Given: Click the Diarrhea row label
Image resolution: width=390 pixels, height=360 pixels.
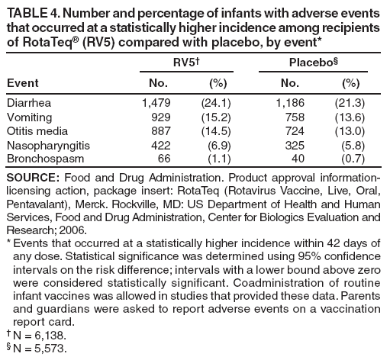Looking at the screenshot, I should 28,102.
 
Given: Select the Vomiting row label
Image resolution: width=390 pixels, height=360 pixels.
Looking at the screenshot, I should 28,116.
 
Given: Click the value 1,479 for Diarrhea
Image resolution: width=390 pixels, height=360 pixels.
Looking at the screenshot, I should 156,102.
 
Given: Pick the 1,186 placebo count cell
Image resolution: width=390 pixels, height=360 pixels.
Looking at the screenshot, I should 290,102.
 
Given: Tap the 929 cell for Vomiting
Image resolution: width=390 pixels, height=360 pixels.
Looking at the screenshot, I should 161,116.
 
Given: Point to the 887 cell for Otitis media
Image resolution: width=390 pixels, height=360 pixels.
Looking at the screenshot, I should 161,130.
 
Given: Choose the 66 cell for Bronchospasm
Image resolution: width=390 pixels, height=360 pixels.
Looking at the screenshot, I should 164,157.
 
